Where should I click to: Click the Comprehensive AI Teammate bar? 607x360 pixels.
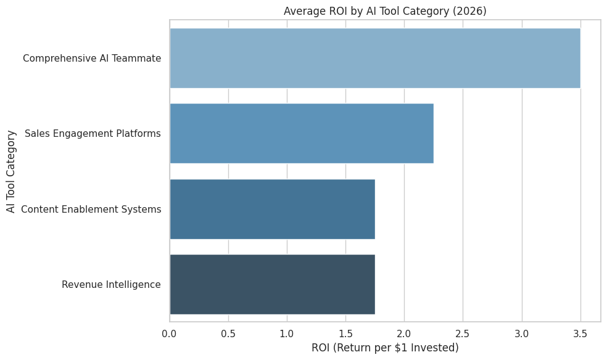coord(374,58)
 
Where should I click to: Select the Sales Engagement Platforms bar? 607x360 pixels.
coord(301,133)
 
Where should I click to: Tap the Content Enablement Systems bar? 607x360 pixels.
coord(272,209)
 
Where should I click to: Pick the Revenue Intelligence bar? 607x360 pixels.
coord(272,284)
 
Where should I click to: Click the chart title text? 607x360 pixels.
coord(385,10)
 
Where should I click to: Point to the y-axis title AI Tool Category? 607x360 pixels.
coord(10,171)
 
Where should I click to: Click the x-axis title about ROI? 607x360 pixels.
coord(385,348)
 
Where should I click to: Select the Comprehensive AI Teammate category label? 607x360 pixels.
coord(92,59)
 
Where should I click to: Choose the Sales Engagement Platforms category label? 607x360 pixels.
coord(93,134)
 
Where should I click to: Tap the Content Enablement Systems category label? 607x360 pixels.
coord(91,210)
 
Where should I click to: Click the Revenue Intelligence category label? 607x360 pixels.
coord(111,285)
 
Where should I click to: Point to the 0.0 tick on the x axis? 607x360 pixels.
coord(170,333)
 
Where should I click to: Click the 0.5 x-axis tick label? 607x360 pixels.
coord(228,333)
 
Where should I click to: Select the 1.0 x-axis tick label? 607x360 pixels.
coord(287,333)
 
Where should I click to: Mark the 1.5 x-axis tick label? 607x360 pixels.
coord(345,333)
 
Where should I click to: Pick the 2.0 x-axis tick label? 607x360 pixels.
coord(404,333)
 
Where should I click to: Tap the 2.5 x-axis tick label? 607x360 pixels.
coord(463,333)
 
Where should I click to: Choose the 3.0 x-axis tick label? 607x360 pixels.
coord(522,333)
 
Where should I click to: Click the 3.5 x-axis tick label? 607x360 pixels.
coord(580,333)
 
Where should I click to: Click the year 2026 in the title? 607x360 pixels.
coord(473,10)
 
